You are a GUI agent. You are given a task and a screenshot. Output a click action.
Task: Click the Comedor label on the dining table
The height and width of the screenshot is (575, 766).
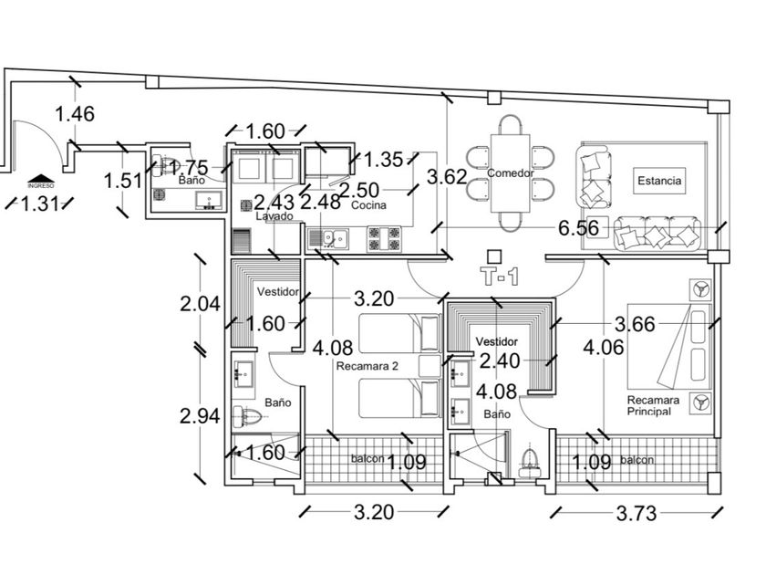[510, 173]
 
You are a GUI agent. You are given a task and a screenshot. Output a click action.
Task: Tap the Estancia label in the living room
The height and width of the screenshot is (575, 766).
[659, 181]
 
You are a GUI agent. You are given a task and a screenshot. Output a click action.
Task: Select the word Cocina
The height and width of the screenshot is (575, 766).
[368, 206]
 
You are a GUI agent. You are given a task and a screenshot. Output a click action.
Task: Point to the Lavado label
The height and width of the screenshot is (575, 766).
[274, 217]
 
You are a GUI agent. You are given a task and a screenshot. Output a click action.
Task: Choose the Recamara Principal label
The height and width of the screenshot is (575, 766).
[648, 405]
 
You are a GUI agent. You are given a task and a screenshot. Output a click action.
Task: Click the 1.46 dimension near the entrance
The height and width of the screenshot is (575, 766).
[75, 114]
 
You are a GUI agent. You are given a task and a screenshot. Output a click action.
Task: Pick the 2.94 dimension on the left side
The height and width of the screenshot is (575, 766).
[201, 415]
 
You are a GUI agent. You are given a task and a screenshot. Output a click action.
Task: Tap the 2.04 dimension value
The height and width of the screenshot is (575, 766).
[201, 305]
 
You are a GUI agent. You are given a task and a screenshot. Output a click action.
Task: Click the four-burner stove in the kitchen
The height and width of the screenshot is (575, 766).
[384, 239]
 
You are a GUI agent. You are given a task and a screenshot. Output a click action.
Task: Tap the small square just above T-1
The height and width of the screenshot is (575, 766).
[494, 256]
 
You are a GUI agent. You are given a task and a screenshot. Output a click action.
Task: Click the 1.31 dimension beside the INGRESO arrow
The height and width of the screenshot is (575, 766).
[39, 204]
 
